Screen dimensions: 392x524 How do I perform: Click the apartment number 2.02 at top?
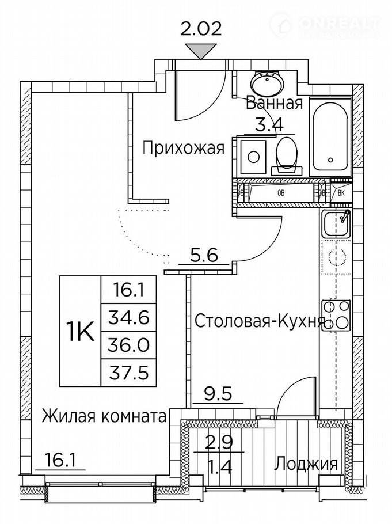201,29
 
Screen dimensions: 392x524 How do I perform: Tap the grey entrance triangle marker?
200,51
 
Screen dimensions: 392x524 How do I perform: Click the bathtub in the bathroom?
330,137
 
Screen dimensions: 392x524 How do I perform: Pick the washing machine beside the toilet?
253,157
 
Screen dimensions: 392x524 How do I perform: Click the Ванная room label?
275,104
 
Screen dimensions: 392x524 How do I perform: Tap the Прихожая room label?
183,148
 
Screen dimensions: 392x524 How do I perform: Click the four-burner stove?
336,316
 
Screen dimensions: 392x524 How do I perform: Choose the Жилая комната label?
104,417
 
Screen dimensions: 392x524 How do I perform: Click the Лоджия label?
306,464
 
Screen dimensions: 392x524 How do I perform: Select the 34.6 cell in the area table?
129,318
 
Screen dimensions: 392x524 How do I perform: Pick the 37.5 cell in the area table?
129,373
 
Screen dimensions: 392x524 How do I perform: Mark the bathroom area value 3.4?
269,125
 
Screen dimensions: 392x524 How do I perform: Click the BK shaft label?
341,193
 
